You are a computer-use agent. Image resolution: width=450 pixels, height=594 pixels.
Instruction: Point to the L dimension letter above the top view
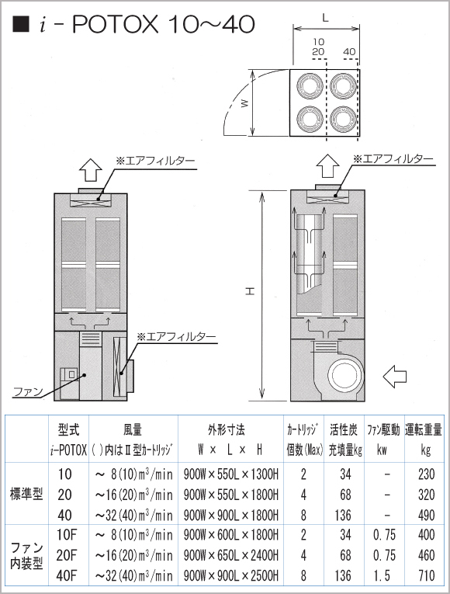(326, 16)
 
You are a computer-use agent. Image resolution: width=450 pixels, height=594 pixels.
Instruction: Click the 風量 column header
(133, 428)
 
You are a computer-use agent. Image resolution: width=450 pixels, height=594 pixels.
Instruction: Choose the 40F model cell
(67, 575)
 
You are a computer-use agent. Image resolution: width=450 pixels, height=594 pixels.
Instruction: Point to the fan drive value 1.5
(382, 575)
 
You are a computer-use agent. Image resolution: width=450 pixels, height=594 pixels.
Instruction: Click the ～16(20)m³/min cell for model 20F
(132, 554)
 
